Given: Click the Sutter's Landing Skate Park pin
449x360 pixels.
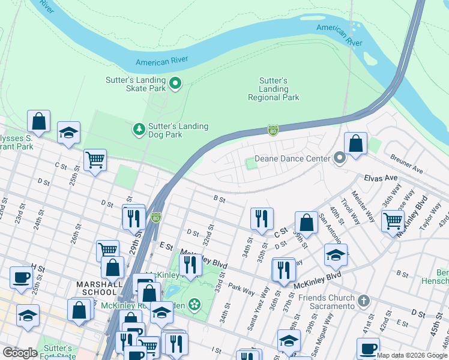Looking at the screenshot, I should (x=175, y=83).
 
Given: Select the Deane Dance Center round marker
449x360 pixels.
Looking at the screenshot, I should (x=340, y=158).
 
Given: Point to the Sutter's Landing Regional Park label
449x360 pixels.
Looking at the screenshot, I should (x=273, y=89).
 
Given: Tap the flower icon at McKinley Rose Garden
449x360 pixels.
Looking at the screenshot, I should (x=194, y=305).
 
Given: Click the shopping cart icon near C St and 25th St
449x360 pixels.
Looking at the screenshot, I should (x=95, y=160).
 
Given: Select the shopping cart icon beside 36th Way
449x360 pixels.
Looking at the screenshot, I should (x=393, y=220).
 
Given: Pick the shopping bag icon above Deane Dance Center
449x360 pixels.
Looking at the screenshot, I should (x=355, y=144).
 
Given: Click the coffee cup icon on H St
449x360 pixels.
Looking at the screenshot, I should (x=22, y=278).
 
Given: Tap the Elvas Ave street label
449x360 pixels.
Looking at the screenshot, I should (x=381, y=178).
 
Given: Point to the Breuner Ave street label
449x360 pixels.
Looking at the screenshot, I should (x=406, y=163).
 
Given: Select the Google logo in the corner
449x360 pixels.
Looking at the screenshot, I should (x=20, y=353).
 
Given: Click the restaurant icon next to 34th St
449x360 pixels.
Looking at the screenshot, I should (x=261, y=219).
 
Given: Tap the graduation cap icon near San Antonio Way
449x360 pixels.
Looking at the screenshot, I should (x=336, y=255).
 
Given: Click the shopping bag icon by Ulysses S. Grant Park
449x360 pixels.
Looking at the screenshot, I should (x=39, y=121).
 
